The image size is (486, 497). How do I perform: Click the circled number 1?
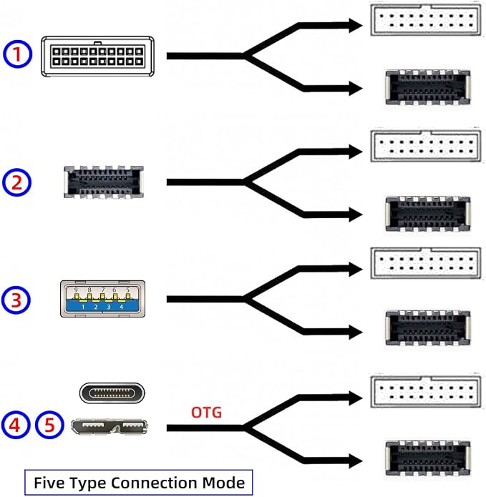17,54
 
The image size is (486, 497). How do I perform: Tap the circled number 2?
16,182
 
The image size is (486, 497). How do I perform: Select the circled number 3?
16,300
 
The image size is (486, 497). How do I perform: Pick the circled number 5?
49,425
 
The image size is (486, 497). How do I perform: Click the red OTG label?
207,413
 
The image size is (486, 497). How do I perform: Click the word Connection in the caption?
155,483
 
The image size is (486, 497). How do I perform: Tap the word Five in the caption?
49,483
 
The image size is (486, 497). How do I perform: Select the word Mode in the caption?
223,483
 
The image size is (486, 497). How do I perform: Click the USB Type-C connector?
112,393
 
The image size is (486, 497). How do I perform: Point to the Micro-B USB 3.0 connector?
109,427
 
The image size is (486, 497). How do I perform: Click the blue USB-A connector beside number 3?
103,299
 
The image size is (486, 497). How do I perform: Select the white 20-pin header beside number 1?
98,56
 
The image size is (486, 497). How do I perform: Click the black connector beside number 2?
103,182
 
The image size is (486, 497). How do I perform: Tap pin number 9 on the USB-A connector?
76,290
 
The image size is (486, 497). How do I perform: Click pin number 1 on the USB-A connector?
83,307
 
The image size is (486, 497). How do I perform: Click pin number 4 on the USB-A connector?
121,307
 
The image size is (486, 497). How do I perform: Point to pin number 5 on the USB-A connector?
128,290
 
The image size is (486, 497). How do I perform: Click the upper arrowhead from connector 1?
356,25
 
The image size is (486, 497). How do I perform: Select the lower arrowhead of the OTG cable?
356,461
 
